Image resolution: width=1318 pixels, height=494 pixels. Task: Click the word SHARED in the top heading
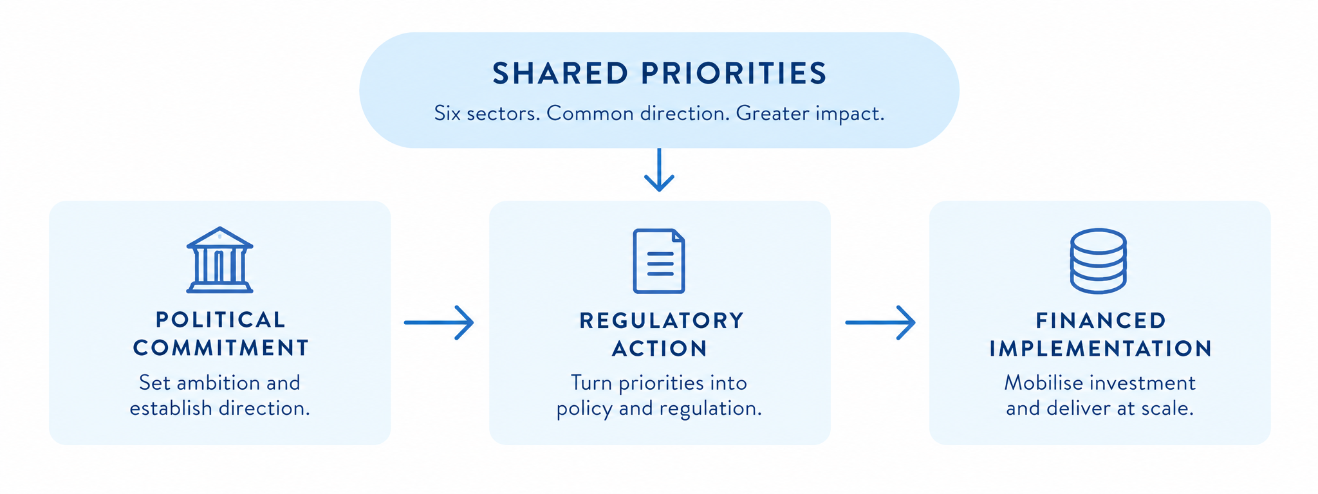tap(560, 73)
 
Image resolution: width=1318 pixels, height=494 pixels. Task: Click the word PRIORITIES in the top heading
tap(734, 73)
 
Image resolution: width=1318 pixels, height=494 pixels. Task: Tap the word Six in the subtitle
tap(447, 114)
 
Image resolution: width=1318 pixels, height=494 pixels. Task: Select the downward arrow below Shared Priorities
tap(659, 170)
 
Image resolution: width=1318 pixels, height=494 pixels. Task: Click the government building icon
tap(219, 260)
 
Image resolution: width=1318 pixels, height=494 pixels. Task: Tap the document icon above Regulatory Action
tap(659, 261)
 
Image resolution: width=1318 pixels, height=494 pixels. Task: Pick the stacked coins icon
tap(1098, 261)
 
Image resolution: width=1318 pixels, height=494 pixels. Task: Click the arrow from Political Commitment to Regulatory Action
tap(439, 322)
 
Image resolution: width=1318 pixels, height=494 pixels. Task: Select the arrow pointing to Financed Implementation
tap(880, 322)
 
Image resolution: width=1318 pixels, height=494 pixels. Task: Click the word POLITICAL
tap(221, 320)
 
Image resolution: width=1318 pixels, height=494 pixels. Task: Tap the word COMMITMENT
tap(221, 348)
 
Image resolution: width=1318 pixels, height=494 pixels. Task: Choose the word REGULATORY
tap(662, 320)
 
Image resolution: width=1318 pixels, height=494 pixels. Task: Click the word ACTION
tap(660, 349)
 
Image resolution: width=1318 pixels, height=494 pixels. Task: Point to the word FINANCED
tap(1101, 320)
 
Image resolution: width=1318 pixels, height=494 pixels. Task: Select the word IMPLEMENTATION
tap(1101, 349)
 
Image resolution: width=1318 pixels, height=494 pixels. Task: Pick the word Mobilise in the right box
tap(1035, 383)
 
